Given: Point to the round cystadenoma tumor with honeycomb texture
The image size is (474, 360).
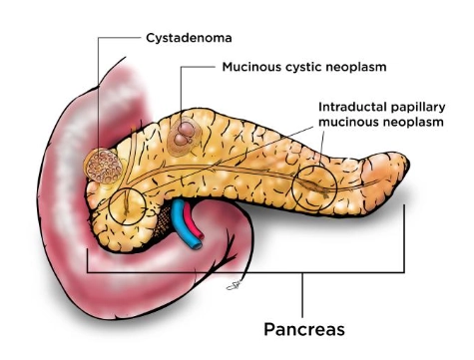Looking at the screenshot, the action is point(101,165).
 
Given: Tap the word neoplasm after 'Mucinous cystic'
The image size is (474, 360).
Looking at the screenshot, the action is point(357,71).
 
